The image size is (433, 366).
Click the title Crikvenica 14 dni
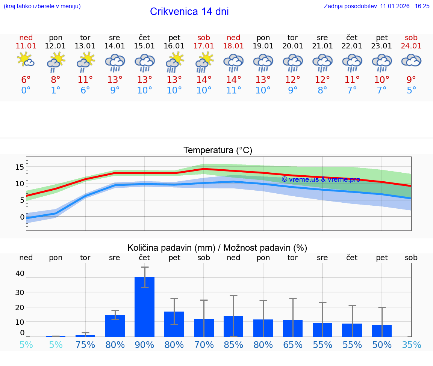click(189, 12)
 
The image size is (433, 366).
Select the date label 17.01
click(204, 46)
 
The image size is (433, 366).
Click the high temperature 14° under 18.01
click(233, 80)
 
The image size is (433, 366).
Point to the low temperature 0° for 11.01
click(26, 90)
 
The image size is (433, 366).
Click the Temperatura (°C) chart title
click(218, 151)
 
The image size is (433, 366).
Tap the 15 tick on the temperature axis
click(20, 167)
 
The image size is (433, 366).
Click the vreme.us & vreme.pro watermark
click(321, 179)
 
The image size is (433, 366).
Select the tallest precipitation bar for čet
click(145, 307)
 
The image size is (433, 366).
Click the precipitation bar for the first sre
click(115, 325)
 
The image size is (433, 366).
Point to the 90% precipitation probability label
click(145, 345)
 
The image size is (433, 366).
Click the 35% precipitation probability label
click(411, 345)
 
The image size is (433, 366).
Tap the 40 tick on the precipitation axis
click(20, 273)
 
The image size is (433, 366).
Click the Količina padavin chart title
click(217, 248)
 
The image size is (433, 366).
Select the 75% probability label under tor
click(85, 345)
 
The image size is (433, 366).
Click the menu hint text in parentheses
click(42, 6)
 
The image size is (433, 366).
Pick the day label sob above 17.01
click(204, 38)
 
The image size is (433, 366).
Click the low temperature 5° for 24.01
click(411, 90)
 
